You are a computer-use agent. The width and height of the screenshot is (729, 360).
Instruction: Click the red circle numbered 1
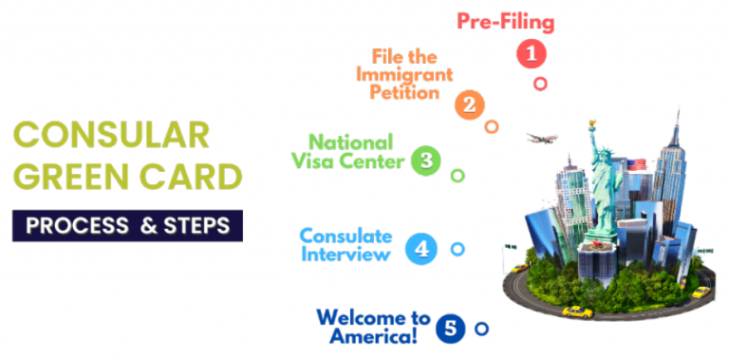tap(532, 54)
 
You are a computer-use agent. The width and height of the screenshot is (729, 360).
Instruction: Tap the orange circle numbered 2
tap(469, 104)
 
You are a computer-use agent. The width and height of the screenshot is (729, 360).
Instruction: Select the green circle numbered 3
tap(426, 161)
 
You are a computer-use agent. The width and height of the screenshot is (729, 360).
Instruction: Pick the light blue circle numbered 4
tap(421, 250)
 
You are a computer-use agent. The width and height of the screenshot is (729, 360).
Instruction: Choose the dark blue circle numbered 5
tap(450, 330)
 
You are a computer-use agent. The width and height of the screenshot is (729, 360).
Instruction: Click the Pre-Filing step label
tap(505, 21)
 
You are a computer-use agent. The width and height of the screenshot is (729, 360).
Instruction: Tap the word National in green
tap(343, 143)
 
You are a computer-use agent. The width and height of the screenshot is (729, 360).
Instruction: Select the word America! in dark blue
tap(372, 336)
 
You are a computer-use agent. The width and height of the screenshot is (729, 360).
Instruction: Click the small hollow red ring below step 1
tap(540, 83)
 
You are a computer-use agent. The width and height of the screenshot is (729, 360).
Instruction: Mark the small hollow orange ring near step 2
tap(491, 126)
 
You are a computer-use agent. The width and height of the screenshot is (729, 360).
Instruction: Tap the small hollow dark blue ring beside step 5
tap(481, 329)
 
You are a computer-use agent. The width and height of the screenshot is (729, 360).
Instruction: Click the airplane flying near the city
tap(542, 139)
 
